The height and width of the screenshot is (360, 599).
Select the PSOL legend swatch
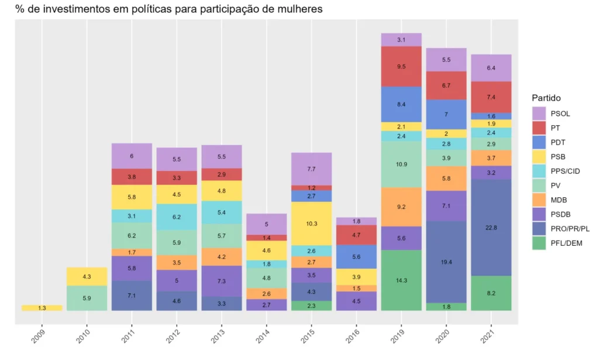pos(539,113)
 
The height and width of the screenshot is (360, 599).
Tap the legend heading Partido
pos(546,98)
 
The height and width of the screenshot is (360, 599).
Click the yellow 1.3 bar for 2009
pos(42,308)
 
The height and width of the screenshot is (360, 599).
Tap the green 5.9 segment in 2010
pos(87,298)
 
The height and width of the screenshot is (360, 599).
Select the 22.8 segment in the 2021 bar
pos(491,227)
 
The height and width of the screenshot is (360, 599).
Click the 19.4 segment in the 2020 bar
pos(446,262)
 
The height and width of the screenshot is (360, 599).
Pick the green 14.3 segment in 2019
pos(401,280)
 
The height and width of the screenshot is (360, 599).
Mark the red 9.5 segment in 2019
pos(401,66)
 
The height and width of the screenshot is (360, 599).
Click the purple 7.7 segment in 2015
pos(311,169)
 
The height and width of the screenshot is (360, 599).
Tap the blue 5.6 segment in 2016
pos(356,256)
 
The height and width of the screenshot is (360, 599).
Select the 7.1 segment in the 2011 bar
pos(132,296)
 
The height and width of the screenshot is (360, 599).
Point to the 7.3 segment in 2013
pos(221,281)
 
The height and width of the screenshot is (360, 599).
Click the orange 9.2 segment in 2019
pos(401,207)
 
